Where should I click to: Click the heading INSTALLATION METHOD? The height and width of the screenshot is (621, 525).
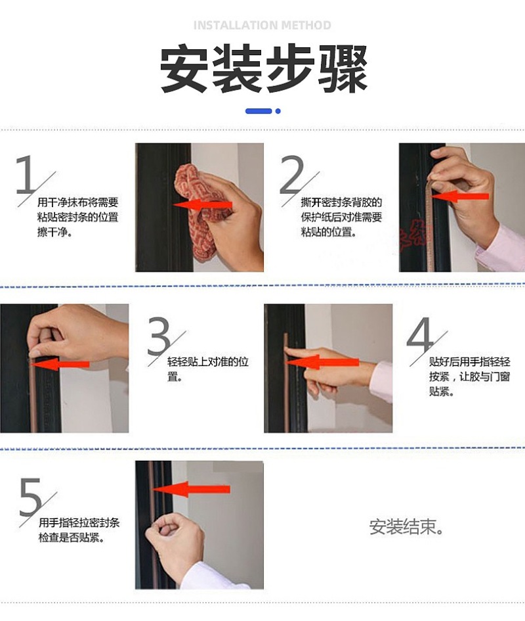(262, 26)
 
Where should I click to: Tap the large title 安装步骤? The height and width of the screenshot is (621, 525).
(264, 68)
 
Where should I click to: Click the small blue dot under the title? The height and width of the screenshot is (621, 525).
(278, 111)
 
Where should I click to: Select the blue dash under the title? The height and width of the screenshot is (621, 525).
(259, 111)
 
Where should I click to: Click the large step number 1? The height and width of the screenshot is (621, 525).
(26, 174)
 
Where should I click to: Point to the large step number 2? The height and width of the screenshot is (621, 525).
(291, 174)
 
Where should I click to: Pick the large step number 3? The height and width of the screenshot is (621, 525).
(159, 336)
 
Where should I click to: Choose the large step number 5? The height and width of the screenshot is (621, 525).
(30, 497)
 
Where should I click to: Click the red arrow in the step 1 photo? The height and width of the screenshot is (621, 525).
(202, 205)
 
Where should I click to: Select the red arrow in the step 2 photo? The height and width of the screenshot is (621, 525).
(459, 196)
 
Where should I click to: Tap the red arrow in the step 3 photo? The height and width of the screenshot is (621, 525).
(60, 364)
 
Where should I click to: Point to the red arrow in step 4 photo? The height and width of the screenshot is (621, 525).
(322, 362)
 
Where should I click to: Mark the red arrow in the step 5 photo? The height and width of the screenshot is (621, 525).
(190, 490)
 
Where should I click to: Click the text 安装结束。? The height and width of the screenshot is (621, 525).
(406, 527)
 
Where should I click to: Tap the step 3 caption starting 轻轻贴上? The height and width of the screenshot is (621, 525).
(208, 369)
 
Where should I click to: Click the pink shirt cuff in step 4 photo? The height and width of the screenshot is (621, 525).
(381, 381)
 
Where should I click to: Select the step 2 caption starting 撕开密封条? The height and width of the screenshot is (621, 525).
(341, 217)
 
